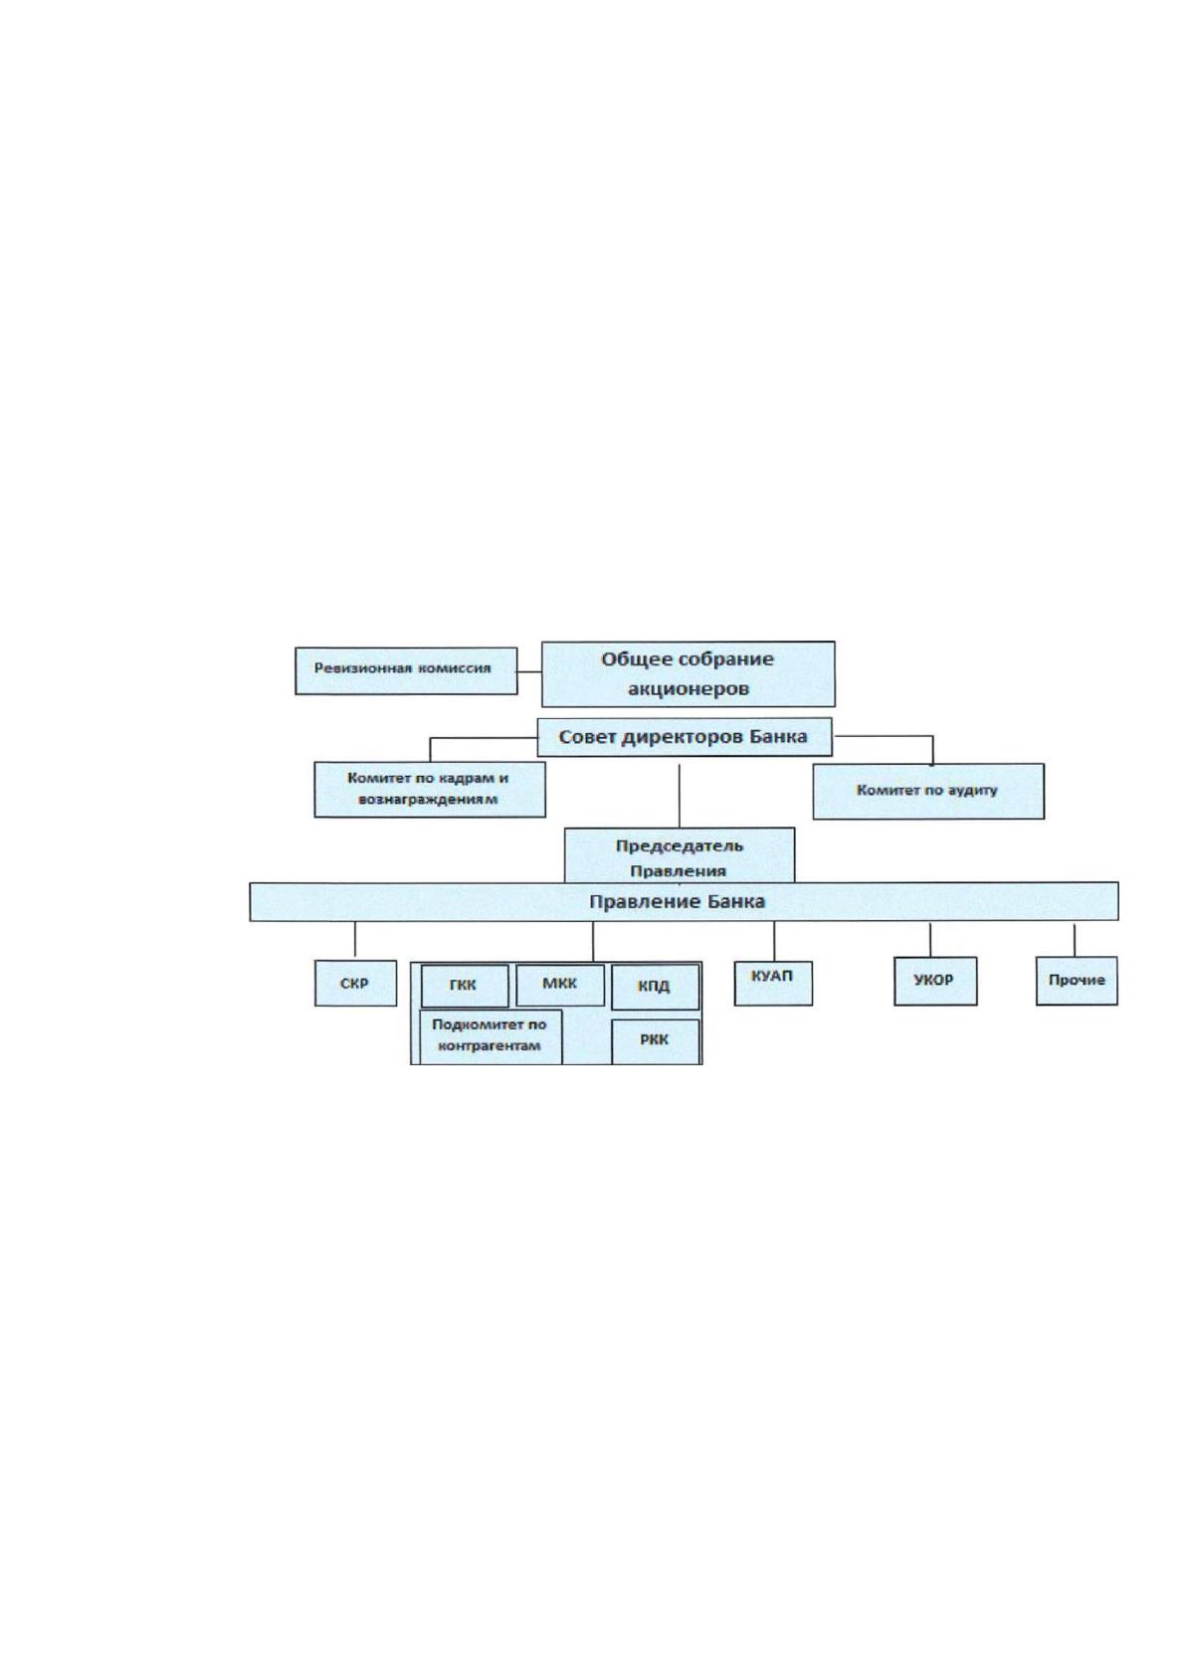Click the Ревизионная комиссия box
406,670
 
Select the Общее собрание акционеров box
688,673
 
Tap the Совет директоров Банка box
684,737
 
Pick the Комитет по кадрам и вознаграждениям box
430,789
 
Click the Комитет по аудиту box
927,791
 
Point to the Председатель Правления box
680,855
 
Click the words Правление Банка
677,902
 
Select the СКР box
355,983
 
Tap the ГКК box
465,986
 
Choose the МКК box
559,985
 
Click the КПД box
655,987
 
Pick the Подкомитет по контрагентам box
490,1036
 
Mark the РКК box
655,1040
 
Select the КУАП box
773,983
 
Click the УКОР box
934,981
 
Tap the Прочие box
1077,981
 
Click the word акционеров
689,688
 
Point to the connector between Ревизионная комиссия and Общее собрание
529,671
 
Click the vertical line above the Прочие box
1075,940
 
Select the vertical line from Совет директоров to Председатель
680,796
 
